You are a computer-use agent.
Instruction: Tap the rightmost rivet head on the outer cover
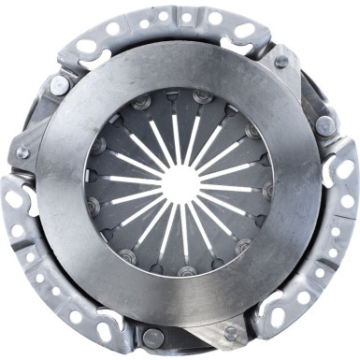pyautogui.click(x=324, y=124)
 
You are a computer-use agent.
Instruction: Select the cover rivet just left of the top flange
pyautogui.click(x=59, y=84)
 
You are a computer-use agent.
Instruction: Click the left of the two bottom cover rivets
pyautogui.click(x=152, y=337)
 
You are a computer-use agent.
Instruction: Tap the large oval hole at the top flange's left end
pyautogui.click(x=86, y=46)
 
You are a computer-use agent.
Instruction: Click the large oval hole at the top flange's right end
pyautogui.click(x=246, y=31)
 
